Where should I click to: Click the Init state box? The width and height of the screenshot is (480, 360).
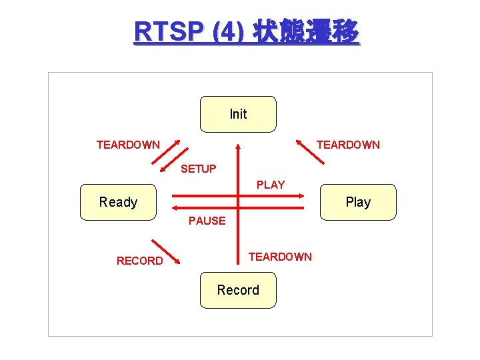[x=238, y=114]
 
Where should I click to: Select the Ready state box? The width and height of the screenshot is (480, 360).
[x=118, y=202]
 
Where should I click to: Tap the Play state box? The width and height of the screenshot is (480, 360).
[x=358, y=202]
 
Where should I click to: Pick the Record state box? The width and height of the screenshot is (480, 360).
[x=238, y=290]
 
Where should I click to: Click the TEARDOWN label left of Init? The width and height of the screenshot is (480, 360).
[x=128, y=145]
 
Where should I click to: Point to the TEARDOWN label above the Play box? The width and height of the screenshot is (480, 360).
[x=348, y=145]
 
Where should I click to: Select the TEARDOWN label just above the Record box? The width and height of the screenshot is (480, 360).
[x=280, y=257]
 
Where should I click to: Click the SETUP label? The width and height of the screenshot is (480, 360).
[x=199, y=169]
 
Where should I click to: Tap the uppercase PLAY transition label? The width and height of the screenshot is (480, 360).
[x=271, y=185]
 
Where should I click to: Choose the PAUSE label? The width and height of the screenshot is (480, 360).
[x=207, y=221]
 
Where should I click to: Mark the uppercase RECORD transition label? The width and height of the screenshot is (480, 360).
[x=139, y=261]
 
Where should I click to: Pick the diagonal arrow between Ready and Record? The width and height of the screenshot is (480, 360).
[x=167, y=251]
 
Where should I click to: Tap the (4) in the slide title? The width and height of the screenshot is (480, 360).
[x=227, y=31]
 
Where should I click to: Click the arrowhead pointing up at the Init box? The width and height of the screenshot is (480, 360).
[x=239, y=145]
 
